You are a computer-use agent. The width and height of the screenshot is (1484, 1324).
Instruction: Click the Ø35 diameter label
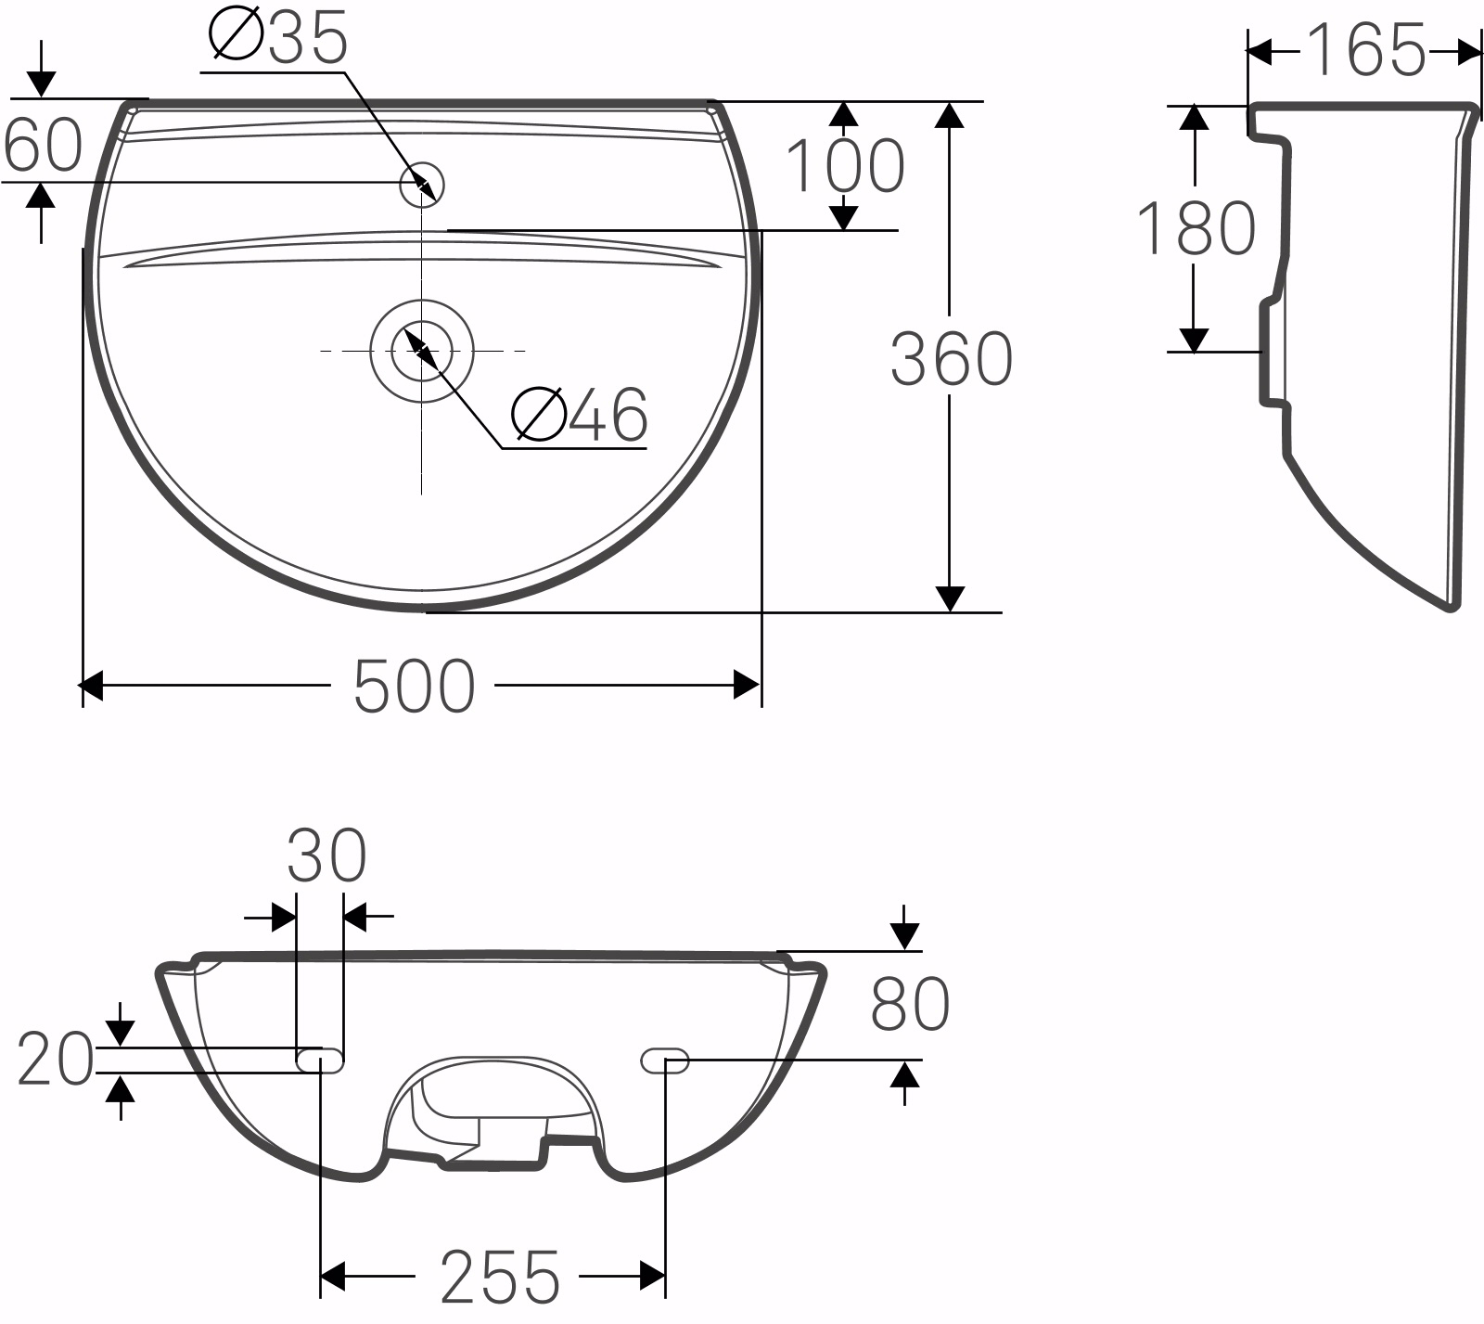pyautogui.click(x=278, y=38)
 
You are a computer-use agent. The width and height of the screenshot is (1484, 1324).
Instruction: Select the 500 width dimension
pyautogui.click(x=414, y=687)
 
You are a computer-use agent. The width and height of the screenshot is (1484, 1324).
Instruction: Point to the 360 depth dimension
pyautogui.click(x=951, y=359)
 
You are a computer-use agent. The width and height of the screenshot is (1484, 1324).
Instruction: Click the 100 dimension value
pyautogui.click(x=844, y=166)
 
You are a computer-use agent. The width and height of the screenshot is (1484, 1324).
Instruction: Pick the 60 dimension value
pyautogui.click(x=43, y=146)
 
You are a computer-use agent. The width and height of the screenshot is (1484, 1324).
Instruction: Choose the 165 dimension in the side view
pyautogui.click(x=1366, y=50)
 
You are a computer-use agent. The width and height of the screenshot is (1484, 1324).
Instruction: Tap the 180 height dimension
pyautogui.click(x=1196, y=228)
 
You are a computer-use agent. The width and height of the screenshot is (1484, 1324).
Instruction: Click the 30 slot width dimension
pyautogui.click(x=326, y=855)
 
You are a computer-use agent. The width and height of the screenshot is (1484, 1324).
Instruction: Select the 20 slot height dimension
pyautogui.click(x=56, y=1060)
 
